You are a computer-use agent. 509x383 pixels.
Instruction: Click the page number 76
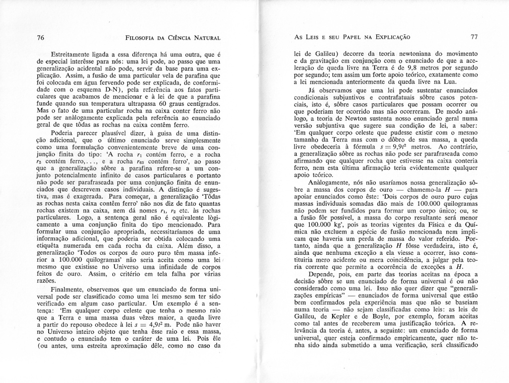[x=41, y=37]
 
